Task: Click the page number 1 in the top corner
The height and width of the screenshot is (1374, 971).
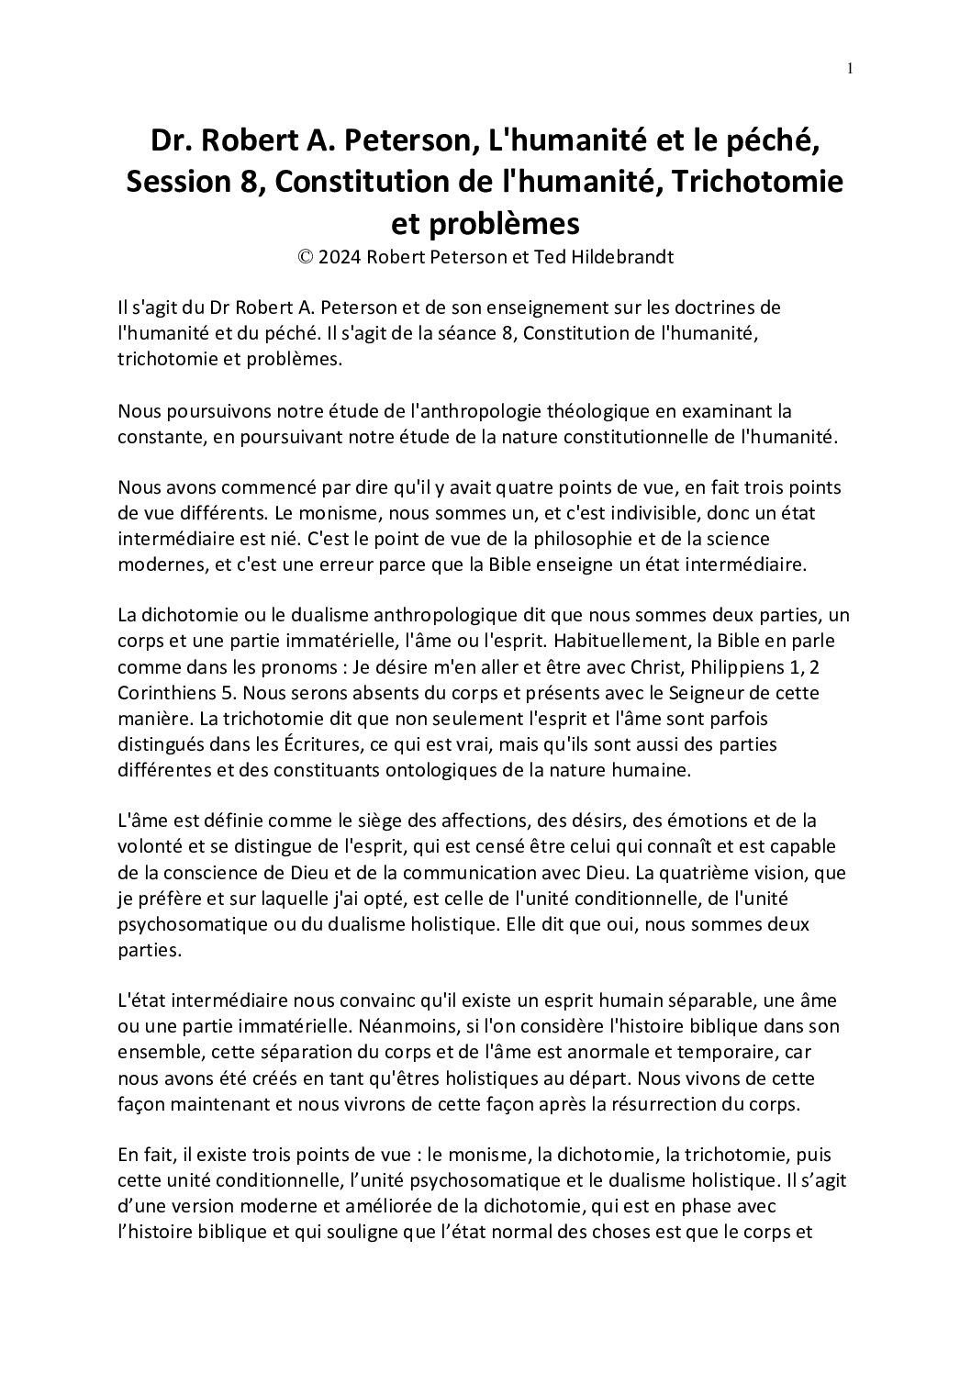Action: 851,67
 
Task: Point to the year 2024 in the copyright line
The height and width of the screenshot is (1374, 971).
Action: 340,257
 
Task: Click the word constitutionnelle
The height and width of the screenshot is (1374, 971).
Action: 653,437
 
